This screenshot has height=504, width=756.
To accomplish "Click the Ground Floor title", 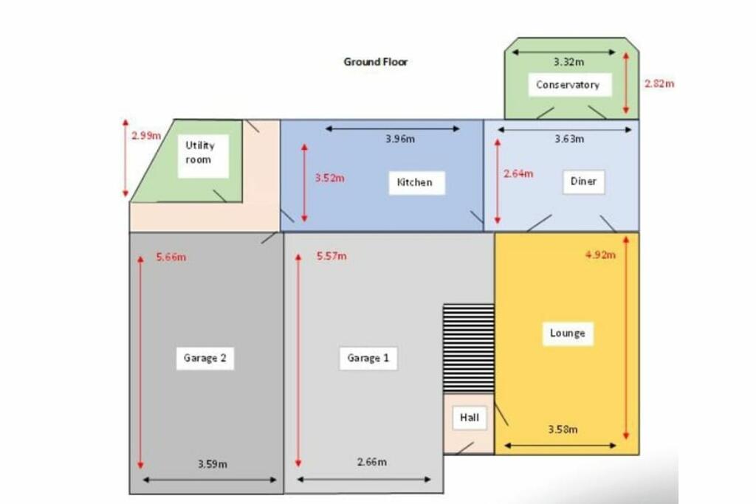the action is (375, 62).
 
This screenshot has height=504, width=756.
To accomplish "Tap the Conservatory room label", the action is (567, 85).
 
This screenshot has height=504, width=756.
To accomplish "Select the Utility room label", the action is (199, 153).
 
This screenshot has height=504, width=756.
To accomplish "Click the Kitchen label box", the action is (415, 182).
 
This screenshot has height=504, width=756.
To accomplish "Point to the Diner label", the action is (583, 182).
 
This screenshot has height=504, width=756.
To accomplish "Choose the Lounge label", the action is (567, 334).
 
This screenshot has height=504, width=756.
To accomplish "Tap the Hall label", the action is (470, 418).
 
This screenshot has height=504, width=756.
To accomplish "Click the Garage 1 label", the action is (368, 359).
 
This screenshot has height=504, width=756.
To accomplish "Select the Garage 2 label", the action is (205, 359).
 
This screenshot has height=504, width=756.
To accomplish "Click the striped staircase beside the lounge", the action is (468, 348).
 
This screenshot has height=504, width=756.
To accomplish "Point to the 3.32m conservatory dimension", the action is (568, 62).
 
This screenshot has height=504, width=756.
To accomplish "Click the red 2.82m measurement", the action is (659, 84).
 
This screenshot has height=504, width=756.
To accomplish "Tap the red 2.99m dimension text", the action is (146, 137).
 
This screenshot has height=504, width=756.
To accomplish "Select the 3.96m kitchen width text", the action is (400, 139).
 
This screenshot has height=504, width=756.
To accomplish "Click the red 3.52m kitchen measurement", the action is (329, 178).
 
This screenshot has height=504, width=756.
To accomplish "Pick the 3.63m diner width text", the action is (569, 139).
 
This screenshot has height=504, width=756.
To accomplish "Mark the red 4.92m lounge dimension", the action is (599, 255).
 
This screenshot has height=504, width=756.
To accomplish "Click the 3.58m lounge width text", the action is (563, 429).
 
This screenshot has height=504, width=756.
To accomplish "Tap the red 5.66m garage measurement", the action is (171, 258).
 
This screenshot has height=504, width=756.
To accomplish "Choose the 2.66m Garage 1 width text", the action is (371, 463).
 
